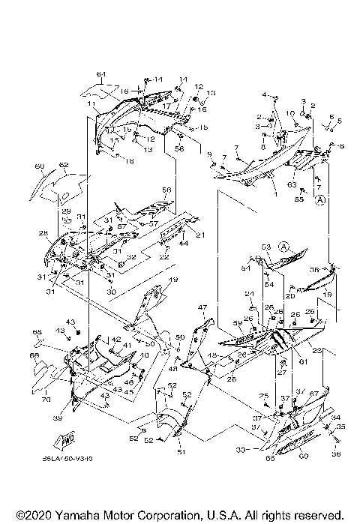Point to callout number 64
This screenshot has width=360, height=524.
(x=100, y=73)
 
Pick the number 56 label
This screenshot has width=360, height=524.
(x=166, y=190)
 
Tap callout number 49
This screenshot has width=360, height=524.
(x=172, y=280)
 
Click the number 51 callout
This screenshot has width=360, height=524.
(x=180, y=452)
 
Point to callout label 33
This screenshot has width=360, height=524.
(x=241, y=450)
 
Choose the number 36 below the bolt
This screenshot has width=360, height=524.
(x=334, y=453)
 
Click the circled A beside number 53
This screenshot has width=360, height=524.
(x=284, y=245)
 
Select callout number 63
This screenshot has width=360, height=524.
(x=291, y=183)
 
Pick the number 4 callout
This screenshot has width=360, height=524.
(x=264, y=94)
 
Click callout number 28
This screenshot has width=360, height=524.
(x=43, y=233)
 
